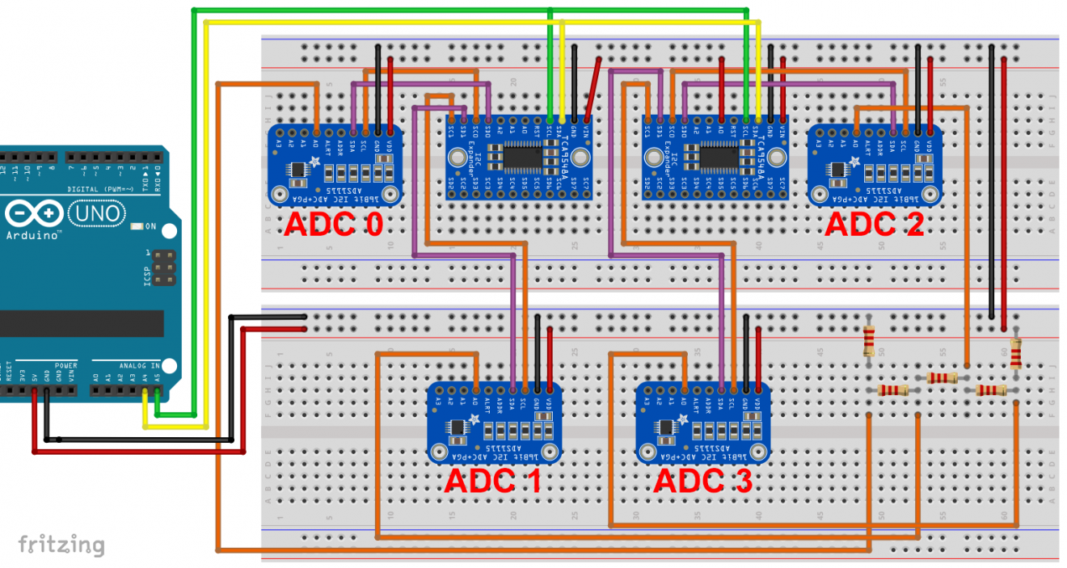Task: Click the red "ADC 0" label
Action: (333, 223)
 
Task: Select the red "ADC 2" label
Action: (874, 223)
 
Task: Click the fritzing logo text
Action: (61, 545)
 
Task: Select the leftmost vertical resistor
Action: (869, 341)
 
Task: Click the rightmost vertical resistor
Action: (1015, 354)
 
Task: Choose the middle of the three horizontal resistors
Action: (943, 377)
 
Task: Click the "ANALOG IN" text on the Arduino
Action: (138, 365)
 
